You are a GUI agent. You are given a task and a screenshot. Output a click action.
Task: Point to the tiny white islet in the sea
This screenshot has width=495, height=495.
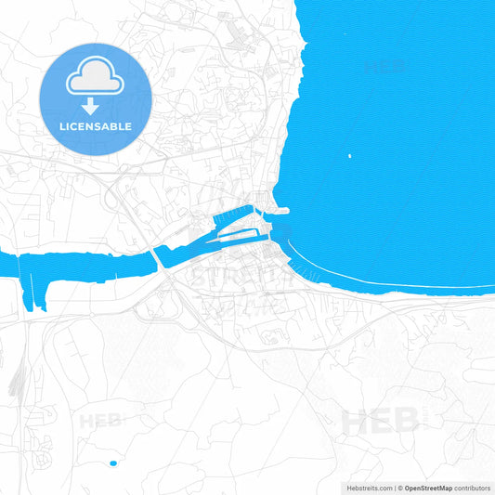[x=349, y=156]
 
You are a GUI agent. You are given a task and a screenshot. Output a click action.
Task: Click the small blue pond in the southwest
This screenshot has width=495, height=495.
[x=113, y=462]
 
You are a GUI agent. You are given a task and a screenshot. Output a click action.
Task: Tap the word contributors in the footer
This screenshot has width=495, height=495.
[x=473, y=488]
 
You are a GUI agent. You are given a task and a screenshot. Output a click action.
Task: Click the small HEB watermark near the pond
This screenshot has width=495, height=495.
[x=101, y=421]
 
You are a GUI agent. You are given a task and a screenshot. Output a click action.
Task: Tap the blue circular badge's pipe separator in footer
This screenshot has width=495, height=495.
[x=395, y=488]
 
